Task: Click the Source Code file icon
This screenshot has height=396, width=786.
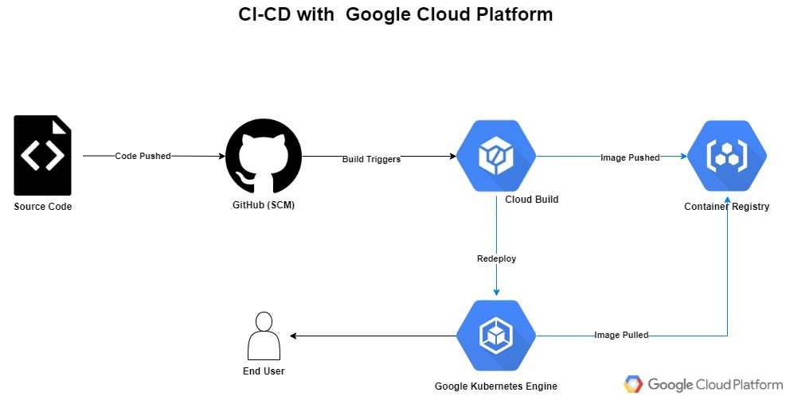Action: point(42,155)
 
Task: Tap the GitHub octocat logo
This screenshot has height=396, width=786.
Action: point(264,156)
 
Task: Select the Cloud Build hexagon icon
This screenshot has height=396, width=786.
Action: point(495,156)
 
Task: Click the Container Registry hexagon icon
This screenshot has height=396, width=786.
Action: point(726,156)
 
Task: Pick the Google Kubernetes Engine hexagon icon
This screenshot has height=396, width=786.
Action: point(495,336)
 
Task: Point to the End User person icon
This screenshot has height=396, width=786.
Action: point(264,336)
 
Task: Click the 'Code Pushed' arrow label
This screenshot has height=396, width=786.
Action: point(143,156)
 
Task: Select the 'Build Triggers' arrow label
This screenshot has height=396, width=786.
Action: point(371,159)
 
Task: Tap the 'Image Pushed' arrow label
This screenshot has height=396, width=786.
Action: point(630,157)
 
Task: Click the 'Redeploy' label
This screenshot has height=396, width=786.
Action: point(496,258)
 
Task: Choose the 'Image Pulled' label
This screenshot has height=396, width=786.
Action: point(621,335)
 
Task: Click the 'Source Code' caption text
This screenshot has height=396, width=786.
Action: point(42,207)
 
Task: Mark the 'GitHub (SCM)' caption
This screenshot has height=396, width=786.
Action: point(264,206)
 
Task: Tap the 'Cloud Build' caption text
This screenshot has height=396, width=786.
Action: point(531,199)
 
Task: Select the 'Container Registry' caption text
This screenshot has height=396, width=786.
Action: point(726,207)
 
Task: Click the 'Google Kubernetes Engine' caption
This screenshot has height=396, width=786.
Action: point(495,386)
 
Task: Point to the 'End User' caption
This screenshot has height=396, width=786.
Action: point(264,371)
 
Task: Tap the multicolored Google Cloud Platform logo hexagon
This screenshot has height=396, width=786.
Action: point(633,384)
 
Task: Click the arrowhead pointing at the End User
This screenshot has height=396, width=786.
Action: point(295,336)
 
